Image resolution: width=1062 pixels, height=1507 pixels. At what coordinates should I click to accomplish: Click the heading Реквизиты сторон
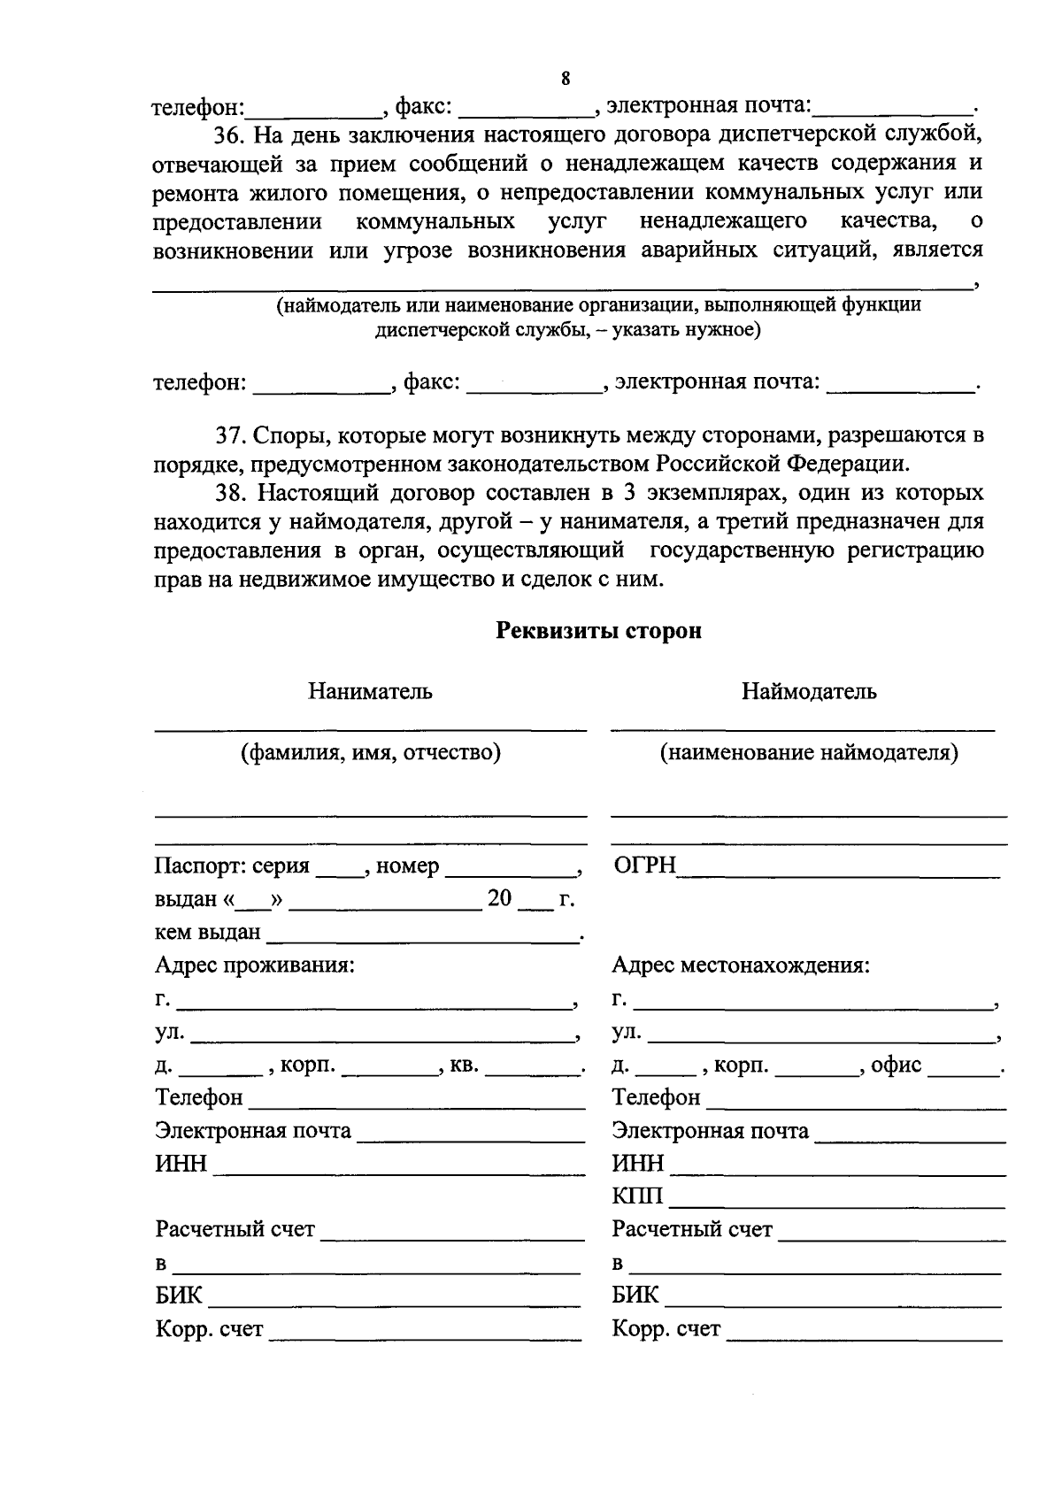[598, 631]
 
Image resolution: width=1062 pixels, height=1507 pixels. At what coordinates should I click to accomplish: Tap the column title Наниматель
[370, 691]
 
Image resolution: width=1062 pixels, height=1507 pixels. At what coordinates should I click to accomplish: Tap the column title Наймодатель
[809, 691]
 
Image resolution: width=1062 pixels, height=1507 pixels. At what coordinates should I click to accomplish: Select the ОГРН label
[644, 865]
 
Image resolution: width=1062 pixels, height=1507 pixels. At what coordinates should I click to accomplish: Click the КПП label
[637, 1197]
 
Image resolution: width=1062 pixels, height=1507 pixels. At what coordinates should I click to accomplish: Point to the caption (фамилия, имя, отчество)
[371, 753]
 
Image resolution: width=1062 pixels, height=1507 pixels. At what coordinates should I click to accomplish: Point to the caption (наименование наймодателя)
[809, 753]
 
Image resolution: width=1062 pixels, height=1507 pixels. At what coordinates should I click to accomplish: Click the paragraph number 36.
[231, 135]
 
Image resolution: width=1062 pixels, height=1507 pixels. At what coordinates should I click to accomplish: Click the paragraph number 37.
[231, 436]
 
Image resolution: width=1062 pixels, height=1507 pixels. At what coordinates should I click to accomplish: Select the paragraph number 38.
[231, 493]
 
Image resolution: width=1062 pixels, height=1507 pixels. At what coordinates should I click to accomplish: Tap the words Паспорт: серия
[232, 866]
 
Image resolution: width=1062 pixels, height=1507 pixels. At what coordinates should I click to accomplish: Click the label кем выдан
[208, 932]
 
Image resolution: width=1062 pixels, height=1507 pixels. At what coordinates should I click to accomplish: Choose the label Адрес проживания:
[255, 965]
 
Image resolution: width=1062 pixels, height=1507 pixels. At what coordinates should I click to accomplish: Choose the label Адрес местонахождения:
[741, 965]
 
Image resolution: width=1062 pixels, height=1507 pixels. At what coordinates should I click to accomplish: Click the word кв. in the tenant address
[464, 1065]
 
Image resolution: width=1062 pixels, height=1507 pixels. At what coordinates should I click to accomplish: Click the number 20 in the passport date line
[499, 899]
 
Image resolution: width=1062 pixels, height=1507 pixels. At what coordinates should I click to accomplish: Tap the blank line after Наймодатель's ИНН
[837, 1166]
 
